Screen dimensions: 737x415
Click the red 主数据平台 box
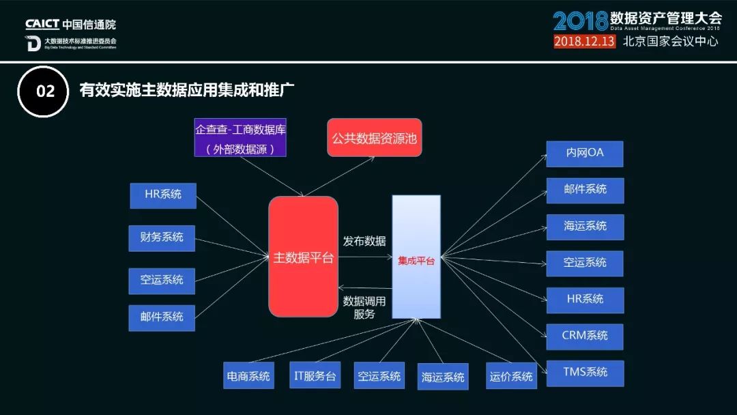point(303,257)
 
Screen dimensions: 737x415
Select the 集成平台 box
point(416,257)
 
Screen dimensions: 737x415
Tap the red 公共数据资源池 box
point(374,137)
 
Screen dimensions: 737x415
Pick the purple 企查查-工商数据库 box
point(240,138)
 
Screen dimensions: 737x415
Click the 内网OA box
point(585,153)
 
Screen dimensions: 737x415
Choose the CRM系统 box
point(585,336)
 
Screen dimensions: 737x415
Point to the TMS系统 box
point(585,373)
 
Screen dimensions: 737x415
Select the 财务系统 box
point(162,238)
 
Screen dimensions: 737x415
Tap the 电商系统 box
point(248,376)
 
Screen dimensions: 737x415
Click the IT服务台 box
point(315,375)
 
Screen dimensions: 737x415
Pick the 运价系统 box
point(511,376)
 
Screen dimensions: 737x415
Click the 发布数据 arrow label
point(364,241)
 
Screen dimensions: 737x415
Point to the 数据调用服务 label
point(364,307)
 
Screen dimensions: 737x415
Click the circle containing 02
point(44,91)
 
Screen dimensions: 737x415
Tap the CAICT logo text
point(42,25)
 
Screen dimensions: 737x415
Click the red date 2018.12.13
point(584,41)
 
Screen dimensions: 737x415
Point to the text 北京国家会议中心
point(670,41)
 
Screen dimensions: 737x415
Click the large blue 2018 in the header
point(579,20)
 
